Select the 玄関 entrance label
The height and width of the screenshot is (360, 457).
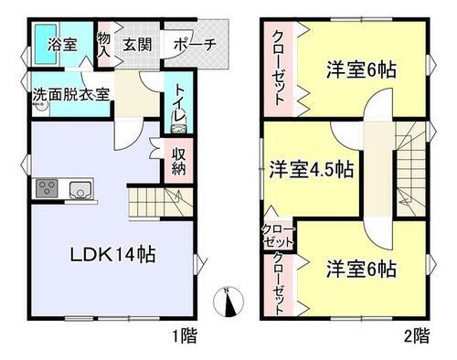pos(137,42)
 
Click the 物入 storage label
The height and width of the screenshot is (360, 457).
pos(104,42)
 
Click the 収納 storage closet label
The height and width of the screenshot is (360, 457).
pos(179,160)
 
